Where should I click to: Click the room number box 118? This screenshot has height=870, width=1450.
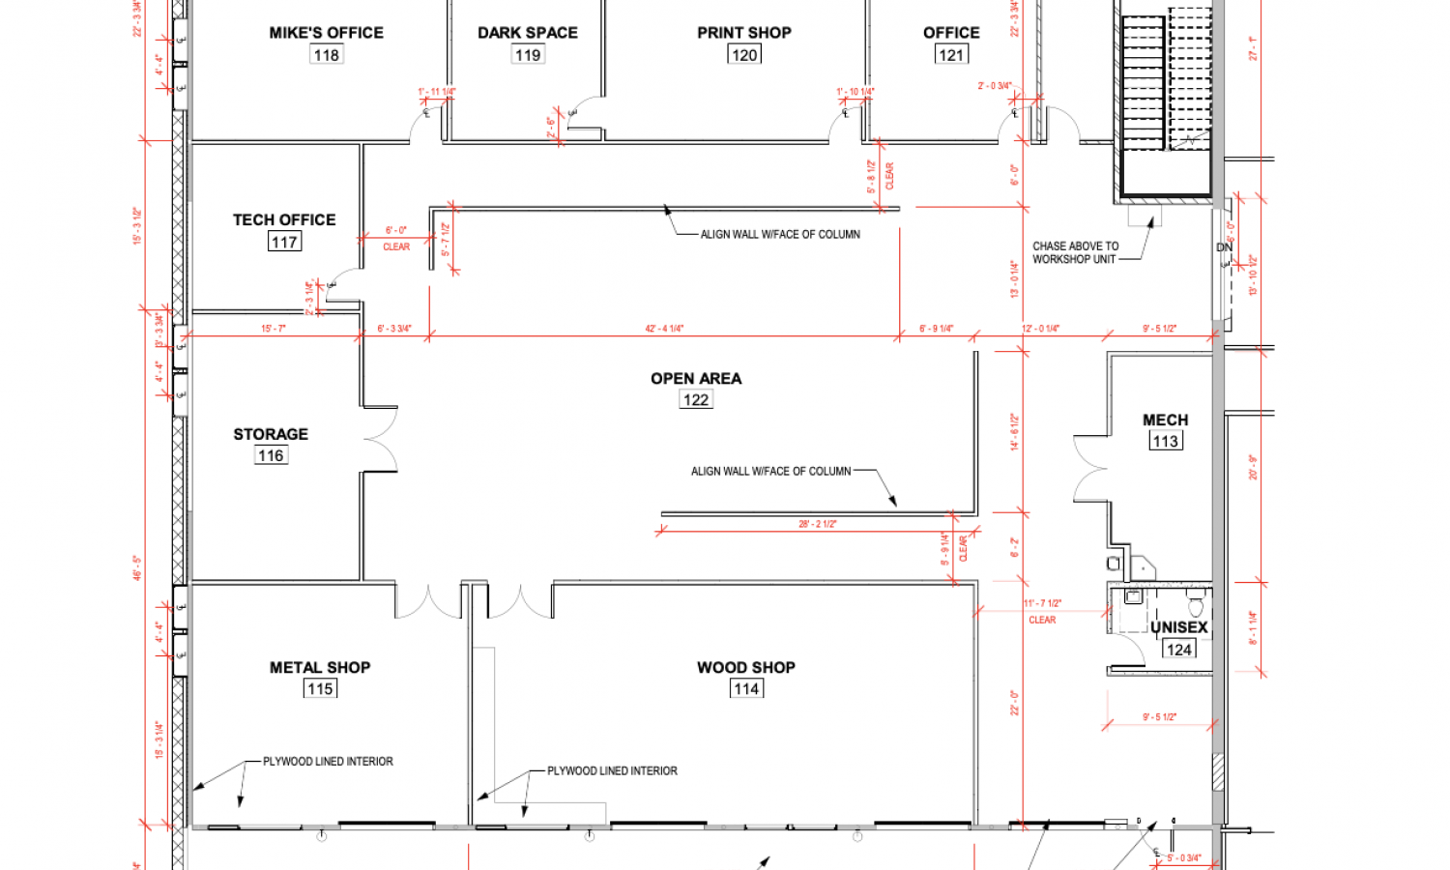327,55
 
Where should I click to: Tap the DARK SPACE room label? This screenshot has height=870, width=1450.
527,33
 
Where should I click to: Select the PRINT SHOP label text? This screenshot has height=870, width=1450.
743,33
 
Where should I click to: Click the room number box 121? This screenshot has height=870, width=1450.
951,55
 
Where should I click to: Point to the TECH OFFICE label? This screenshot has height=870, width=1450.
284,220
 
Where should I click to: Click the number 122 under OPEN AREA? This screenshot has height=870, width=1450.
696,400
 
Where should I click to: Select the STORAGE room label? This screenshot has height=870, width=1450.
271,435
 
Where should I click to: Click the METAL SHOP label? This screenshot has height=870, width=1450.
320,668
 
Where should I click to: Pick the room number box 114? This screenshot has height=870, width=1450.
746,689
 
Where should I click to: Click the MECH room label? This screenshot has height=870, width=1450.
1165,420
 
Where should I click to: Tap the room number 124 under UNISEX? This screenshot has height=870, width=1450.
1179,650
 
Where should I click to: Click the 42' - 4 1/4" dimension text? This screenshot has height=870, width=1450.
664,329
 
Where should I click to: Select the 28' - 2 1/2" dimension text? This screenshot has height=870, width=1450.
817,524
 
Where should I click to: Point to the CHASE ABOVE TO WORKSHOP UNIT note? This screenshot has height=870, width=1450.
1075,252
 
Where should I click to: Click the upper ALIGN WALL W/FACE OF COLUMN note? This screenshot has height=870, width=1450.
780,234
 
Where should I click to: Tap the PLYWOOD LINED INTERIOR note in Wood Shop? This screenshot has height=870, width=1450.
612,771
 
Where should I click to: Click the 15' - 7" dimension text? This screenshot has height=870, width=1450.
274,329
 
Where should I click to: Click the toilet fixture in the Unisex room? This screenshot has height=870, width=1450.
1196,607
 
